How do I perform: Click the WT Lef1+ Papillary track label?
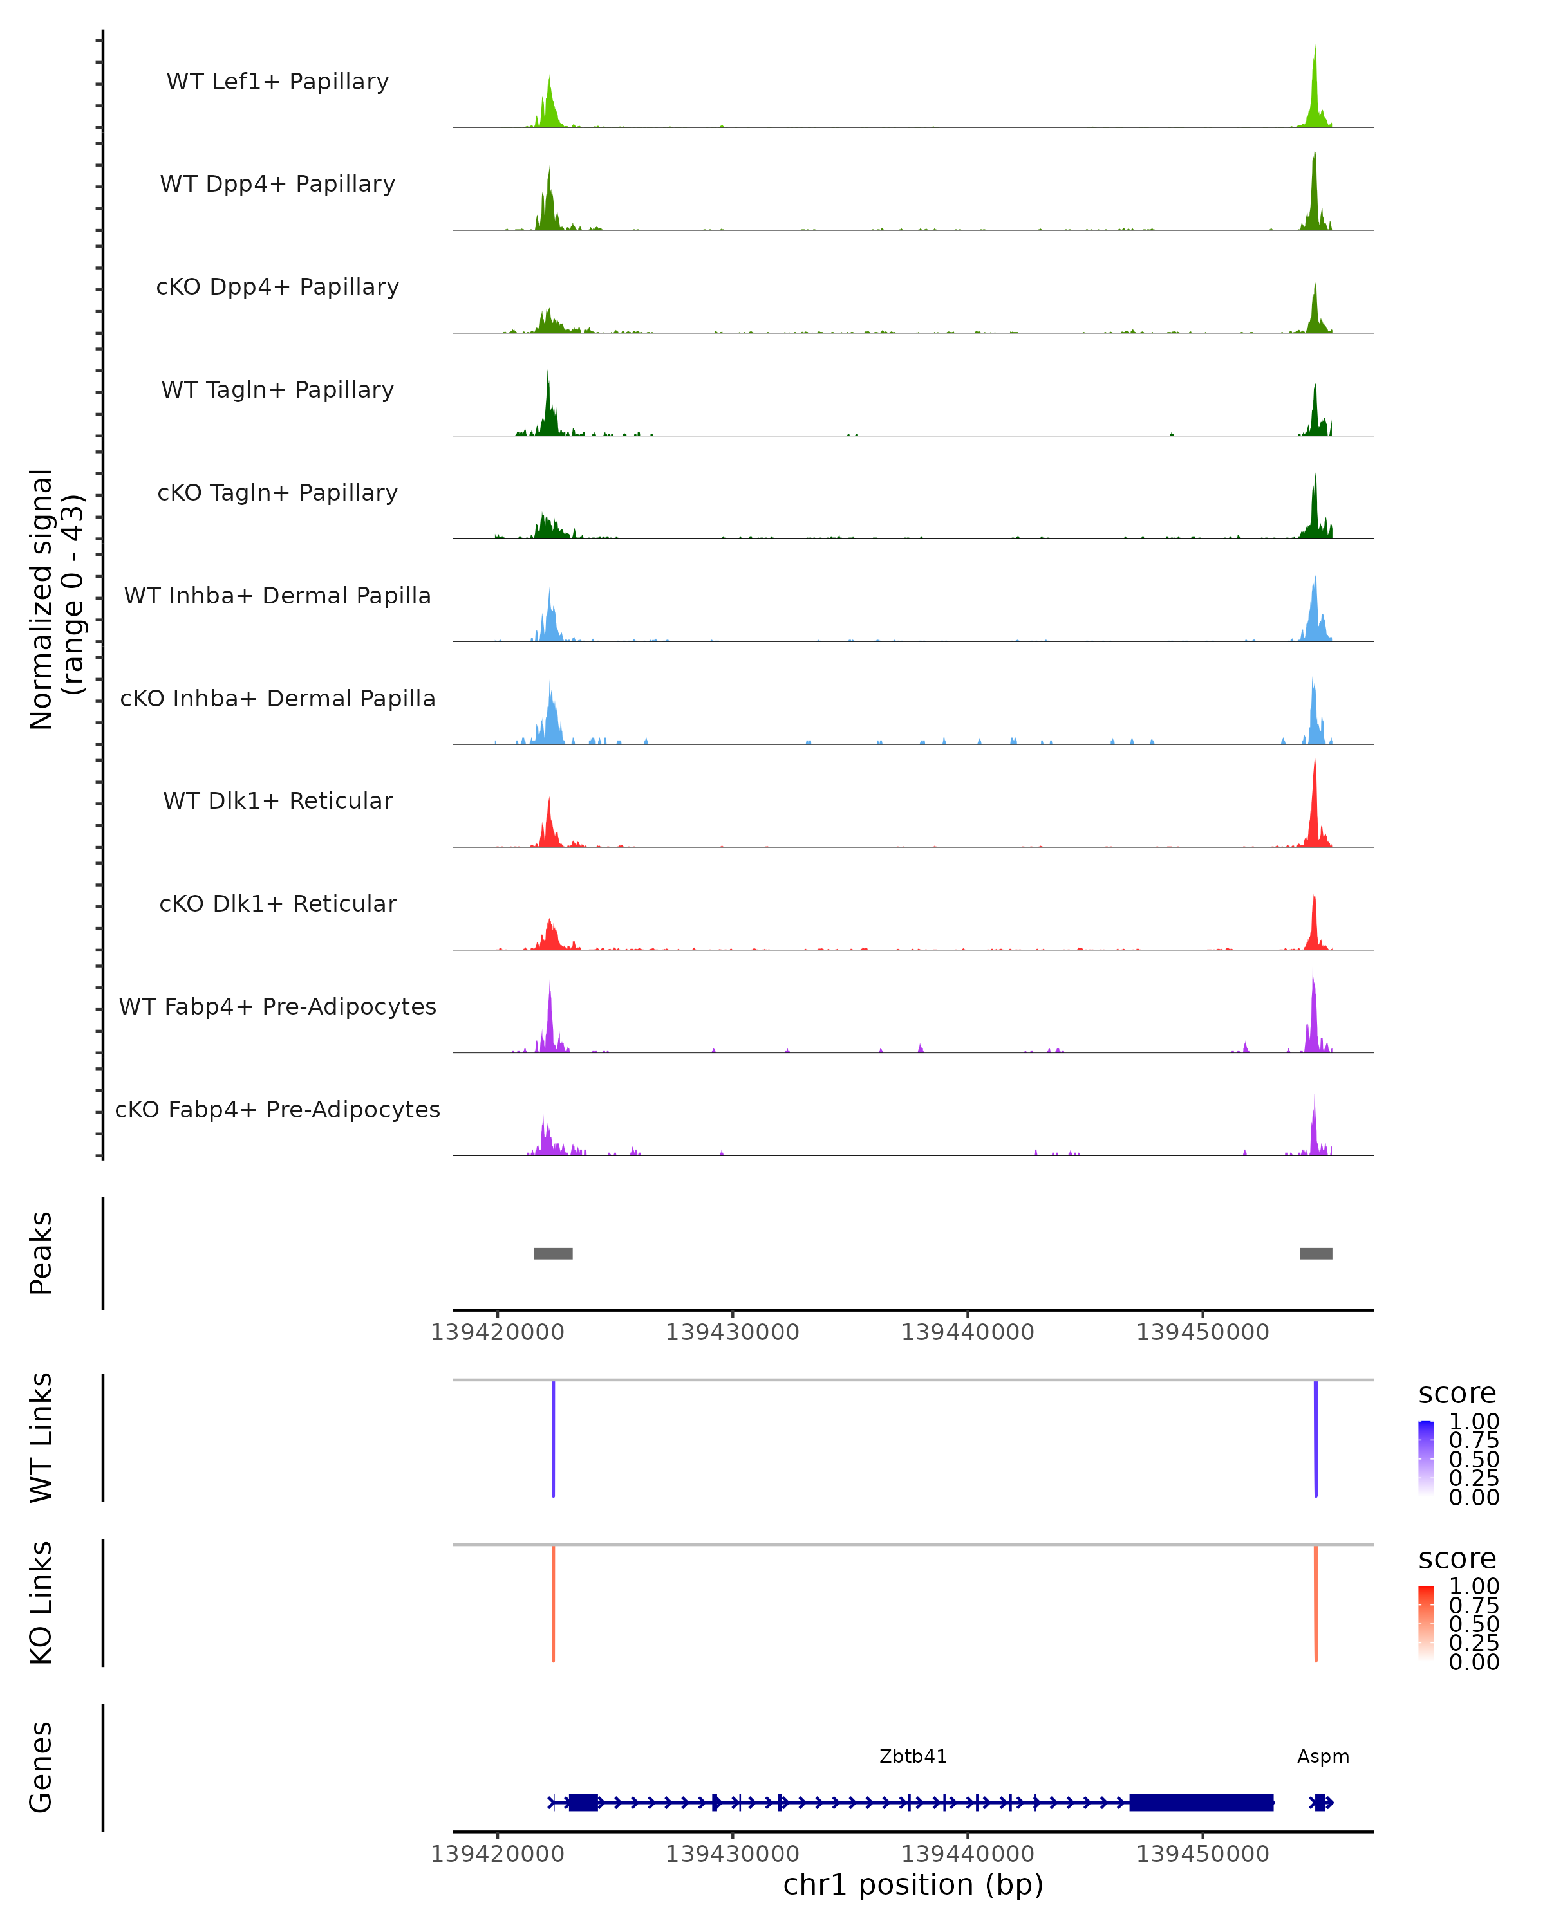point(277,82)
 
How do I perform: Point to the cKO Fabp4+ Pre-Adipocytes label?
point(277,1109)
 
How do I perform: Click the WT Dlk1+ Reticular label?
point(277,800)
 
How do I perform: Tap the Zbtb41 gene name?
point(913,1756)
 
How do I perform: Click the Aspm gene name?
point(1322,1756)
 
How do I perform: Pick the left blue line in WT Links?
point(554,1438)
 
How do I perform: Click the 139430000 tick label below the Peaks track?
point(732,1332)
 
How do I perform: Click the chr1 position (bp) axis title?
point(913,1884)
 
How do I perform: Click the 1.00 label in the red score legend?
point(1474,1586)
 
